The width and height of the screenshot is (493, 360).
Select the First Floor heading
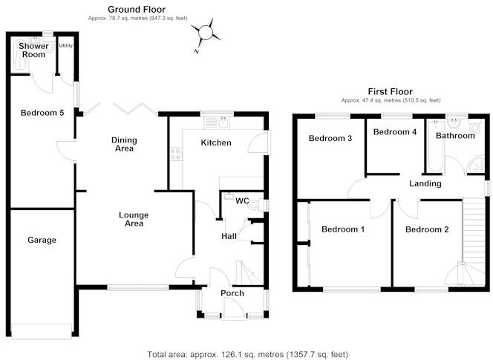391,91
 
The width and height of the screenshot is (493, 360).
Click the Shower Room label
33,50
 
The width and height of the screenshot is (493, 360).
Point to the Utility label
66,46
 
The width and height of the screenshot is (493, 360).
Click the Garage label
42,240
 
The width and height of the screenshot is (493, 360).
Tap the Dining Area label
124,144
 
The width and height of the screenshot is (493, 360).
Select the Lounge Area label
134,219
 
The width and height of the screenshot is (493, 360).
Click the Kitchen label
217,143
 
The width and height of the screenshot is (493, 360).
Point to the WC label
241,201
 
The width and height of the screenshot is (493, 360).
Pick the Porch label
232,292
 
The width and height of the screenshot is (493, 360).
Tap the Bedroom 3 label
330,138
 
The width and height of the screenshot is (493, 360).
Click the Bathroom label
454,136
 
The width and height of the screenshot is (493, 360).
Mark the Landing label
425,183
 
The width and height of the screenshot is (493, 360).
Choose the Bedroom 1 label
342,229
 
